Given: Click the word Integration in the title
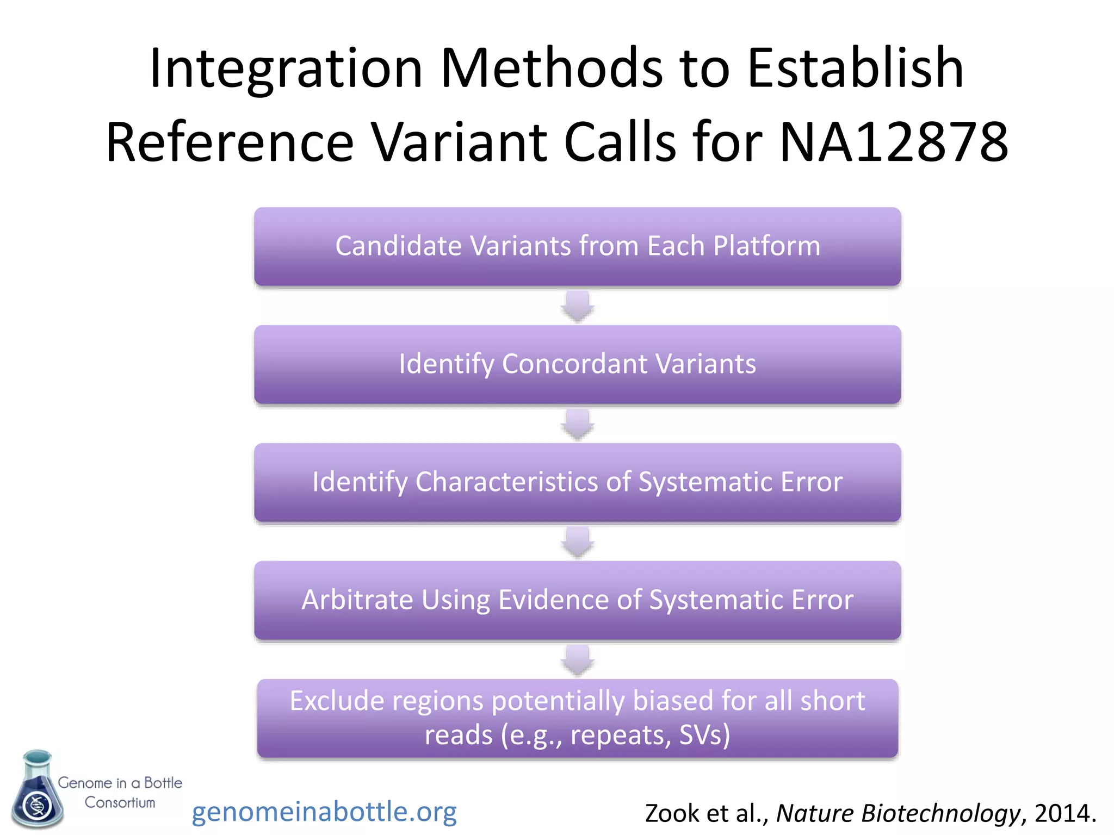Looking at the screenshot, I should tap(286, 69).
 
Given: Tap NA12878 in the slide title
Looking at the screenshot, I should tap(893, 142).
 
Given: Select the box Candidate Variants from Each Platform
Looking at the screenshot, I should tap(577, 246).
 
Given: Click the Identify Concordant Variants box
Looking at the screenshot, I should tap(577, 364).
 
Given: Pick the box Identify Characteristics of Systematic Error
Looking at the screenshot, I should tap(577, 482).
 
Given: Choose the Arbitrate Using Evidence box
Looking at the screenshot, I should tap(577, 600).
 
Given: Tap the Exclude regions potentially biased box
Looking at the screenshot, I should tap(577, 718).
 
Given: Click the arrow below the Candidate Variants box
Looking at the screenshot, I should tap(577, 306).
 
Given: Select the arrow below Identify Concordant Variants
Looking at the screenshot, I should tap(577, 424).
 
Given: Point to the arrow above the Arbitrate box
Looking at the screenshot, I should tap(577, 542).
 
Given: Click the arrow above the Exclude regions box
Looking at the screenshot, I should tap(577, 660).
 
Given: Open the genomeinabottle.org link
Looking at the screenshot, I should tap(324, 812).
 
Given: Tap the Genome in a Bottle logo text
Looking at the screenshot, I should tap(120, 792).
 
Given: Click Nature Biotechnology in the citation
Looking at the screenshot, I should tap(898, 813).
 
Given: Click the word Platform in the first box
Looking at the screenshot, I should tap(766, 246).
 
